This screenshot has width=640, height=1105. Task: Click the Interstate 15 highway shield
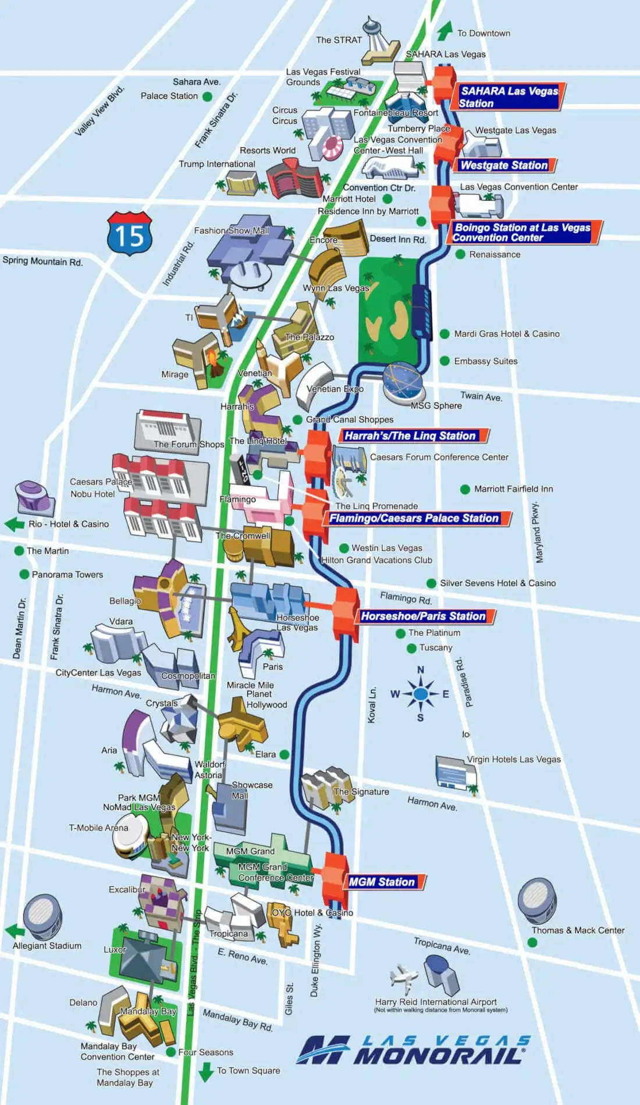(x=129, y=234)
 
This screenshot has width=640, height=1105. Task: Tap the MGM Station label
(x=382, y=882)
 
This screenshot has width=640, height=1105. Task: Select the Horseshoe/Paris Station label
(x=423, y=616)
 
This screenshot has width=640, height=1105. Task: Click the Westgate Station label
(x=504, y=165)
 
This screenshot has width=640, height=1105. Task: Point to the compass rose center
(x=421, y=694)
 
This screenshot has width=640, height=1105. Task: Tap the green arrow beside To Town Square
(x=206, y=1071)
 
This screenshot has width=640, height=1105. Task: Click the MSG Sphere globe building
(x=403, y=381)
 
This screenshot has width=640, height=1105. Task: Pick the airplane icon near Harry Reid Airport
(x=403, y=978)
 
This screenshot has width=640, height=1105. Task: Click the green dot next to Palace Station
(x=207, y=97)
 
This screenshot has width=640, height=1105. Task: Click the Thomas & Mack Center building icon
(x=536, y=899)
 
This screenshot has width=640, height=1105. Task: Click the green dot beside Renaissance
(x=460, y=254)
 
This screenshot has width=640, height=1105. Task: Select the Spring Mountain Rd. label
(x=42, y=261)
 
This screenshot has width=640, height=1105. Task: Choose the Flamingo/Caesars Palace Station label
(x=414, y=518)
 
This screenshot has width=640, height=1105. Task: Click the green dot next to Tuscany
(x=411, y=648)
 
